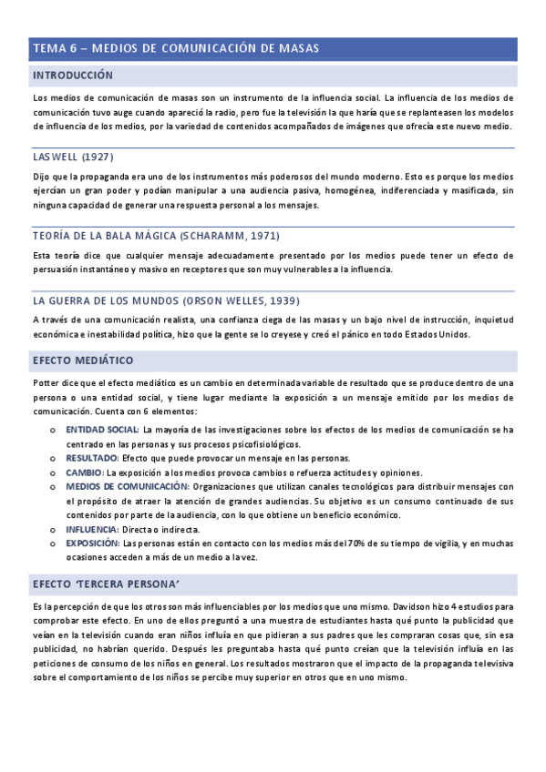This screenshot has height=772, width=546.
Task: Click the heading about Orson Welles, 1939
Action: pos(166,300)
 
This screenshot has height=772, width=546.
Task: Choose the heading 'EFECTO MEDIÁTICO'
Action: pos(83,361)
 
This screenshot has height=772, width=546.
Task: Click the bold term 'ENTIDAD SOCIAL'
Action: pos(101,429)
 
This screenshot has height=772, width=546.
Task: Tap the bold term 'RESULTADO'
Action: pos(92,458)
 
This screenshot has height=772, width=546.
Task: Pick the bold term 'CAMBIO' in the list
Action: pos(85,472)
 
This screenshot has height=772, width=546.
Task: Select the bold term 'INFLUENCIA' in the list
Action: pos(92,529)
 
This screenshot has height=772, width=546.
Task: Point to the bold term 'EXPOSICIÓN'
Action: pos(94,543)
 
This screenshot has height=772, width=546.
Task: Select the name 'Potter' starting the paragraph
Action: pos(46,384)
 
